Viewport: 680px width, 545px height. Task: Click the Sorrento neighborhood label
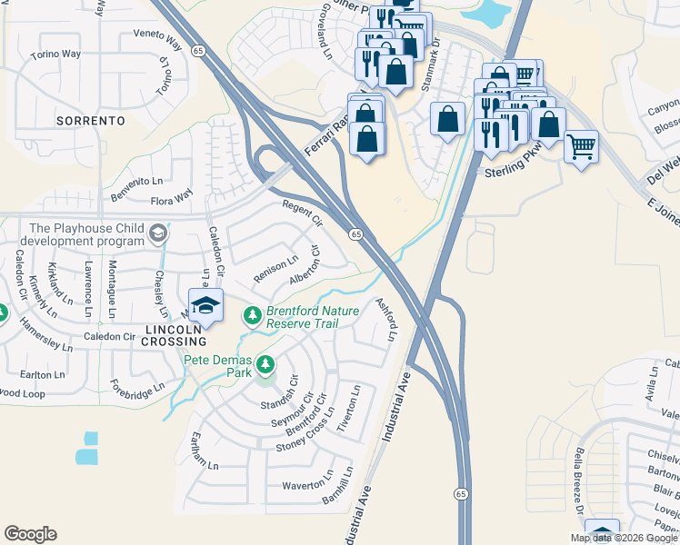[90, 120]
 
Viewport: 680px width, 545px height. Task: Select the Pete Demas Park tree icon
[265, 364]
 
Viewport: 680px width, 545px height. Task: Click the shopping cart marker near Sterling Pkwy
[581, 145]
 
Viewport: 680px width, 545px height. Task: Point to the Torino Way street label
[55, 54]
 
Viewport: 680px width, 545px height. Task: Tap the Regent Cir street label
[303, 213]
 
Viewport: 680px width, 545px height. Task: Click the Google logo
[31, 533]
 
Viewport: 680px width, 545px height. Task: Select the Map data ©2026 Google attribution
[623, 538]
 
